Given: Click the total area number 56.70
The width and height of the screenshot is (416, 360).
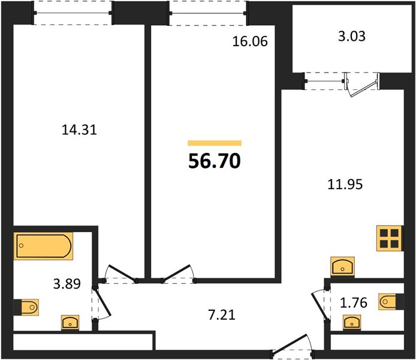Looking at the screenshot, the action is [x=215, y=161].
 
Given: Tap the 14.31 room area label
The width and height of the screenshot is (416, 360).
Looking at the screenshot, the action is [x=79, y=130].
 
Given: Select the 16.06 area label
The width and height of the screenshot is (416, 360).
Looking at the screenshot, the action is [x=250, y=41].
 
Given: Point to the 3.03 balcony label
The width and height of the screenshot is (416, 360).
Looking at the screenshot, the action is [x=352, y=36].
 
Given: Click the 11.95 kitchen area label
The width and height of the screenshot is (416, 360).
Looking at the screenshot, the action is [x=345, y=184].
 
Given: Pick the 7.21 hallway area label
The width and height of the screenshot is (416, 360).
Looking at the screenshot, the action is [x=222, y=315].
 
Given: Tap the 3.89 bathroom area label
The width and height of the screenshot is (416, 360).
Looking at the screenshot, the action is [x=67, y=284].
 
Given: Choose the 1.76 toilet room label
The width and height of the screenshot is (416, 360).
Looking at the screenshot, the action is [x=354, y=302].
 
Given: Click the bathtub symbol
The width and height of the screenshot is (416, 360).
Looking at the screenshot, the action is [x=43, y=246].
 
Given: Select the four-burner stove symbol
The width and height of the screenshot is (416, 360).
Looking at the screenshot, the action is [x=390, y=238].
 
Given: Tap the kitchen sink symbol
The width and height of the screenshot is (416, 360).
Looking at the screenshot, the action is [x=342, y=266].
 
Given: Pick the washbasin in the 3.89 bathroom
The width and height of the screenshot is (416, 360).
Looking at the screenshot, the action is [x=70, y=323].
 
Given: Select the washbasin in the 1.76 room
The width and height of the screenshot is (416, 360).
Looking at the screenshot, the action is [x=352, y=322].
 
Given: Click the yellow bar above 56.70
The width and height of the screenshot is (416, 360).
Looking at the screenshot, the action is [x=215, y=143].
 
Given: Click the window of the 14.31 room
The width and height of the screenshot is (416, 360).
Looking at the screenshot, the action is [x=73, y=13].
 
